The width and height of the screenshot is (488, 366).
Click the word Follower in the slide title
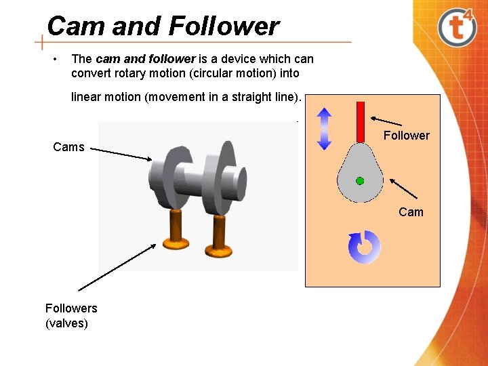click(223, 26)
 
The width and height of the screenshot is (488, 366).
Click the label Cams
click(68, 147)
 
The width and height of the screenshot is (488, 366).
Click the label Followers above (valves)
click(71, 308)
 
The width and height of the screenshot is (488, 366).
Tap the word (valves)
click(66, 323)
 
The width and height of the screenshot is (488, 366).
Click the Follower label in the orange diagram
click(406, 136)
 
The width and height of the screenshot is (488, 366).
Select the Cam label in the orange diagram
click(411, 212)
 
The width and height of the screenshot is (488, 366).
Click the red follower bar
click(361, 123)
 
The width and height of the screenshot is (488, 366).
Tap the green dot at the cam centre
click(360, 181)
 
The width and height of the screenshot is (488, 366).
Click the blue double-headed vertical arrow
click(324, 129)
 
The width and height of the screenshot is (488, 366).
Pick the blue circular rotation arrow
click(365, 247)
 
